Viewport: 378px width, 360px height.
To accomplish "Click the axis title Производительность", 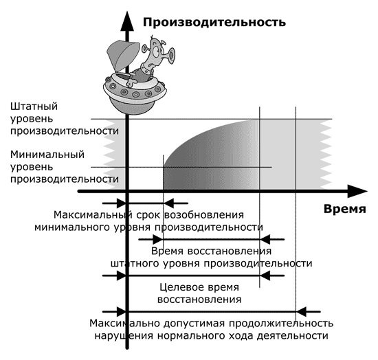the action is pos(214,23).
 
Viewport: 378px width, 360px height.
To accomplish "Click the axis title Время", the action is pos(345,209).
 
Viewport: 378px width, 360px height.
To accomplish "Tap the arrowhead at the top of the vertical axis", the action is pos(127,21).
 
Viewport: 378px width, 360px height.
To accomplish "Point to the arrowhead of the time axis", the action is pos(357,191).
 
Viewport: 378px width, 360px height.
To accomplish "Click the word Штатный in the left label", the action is pos(34,106).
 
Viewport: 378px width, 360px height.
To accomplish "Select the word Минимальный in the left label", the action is pos(47,155).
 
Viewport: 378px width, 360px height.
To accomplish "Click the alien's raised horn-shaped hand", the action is pos(171,56).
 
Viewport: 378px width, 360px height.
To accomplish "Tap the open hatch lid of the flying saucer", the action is pos(123,56).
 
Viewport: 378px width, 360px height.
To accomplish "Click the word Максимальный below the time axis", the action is pos(93,215).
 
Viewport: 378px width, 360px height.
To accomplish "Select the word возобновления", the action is pos(204,215).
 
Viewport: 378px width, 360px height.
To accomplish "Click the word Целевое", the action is pos(177,287).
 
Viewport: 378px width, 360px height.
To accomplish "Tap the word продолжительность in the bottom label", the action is pos(281,324).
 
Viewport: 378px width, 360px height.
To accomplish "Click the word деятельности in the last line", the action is pos(292,336).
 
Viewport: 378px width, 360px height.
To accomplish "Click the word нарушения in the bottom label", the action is pos(124,336).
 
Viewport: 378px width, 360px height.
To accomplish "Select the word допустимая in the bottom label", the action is pos(194,324).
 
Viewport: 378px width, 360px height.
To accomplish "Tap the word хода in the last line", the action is pos(241,336).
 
